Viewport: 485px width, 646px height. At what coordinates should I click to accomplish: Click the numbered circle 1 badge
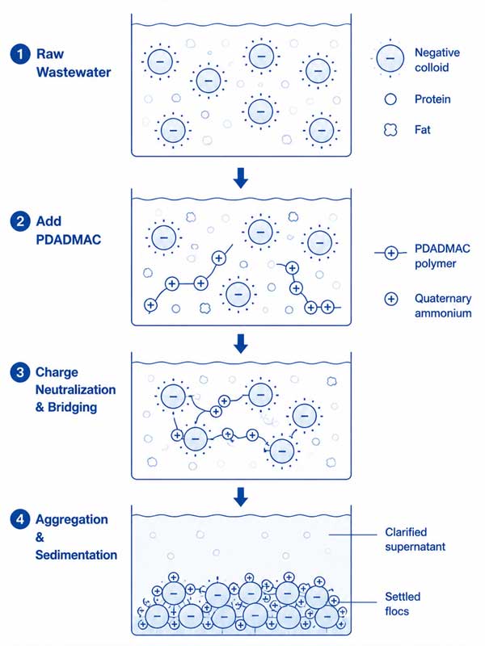tap(20, 54)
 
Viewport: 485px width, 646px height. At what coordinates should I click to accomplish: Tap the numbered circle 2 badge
tap(20, 221)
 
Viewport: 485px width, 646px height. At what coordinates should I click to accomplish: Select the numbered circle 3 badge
tap(20, 372)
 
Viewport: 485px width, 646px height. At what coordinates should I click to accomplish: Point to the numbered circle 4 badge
tap(20, 519)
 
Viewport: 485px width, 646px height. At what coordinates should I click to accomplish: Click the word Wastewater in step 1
tap(74, 73)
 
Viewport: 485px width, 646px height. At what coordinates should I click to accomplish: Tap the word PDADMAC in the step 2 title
tap(69, 240)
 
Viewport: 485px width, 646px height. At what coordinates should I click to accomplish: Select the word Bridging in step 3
tap(72, 408)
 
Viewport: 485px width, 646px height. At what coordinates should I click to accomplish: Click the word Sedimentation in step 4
tap(76, 555)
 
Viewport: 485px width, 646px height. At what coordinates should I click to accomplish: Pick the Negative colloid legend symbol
tap(390, 58)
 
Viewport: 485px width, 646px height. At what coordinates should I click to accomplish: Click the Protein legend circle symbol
tap(390, 99)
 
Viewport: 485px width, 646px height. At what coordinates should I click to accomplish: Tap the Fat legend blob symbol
tap(390, 130)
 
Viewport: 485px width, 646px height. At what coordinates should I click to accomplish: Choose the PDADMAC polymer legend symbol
tap(390, 253)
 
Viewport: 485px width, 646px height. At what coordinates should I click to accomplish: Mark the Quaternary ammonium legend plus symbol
tap(390, 299)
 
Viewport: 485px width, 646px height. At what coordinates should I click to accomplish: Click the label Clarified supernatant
tap(415, 539)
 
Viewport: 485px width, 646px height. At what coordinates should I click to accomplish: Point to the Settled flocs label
tap(403, 604)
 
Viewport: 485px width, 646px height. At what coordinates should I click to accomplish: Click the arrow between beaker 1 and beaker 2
tap(241, 178)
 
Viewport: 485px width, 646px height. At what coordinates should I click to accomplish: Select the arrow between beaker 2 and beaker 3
tap(241, 344)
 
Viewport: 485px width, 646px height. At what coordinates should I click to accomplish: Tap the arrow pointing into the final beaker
tap(241, 497)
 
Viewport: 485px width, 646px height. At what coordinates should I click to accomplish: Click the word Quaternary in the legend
tap(443, 299)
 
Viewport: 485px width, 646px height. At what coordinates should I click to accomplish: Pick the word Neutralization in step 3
tap(75, 390)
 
